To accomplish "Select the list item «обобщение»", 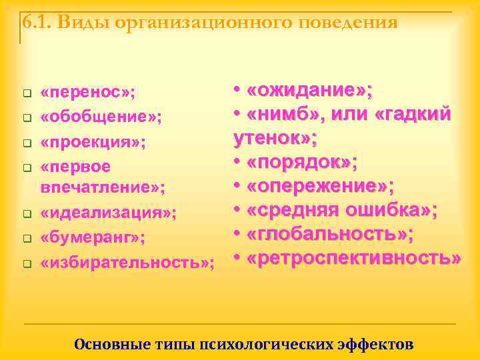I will tap(101, 117).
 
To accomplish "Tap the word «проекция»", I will tap(93, 142).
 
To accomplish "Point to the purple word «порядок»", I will tap(301, 163).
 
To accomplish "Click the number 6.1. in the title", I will tap(37, 23).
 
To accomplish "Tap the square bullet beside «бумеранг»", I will tap(26, 238).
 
